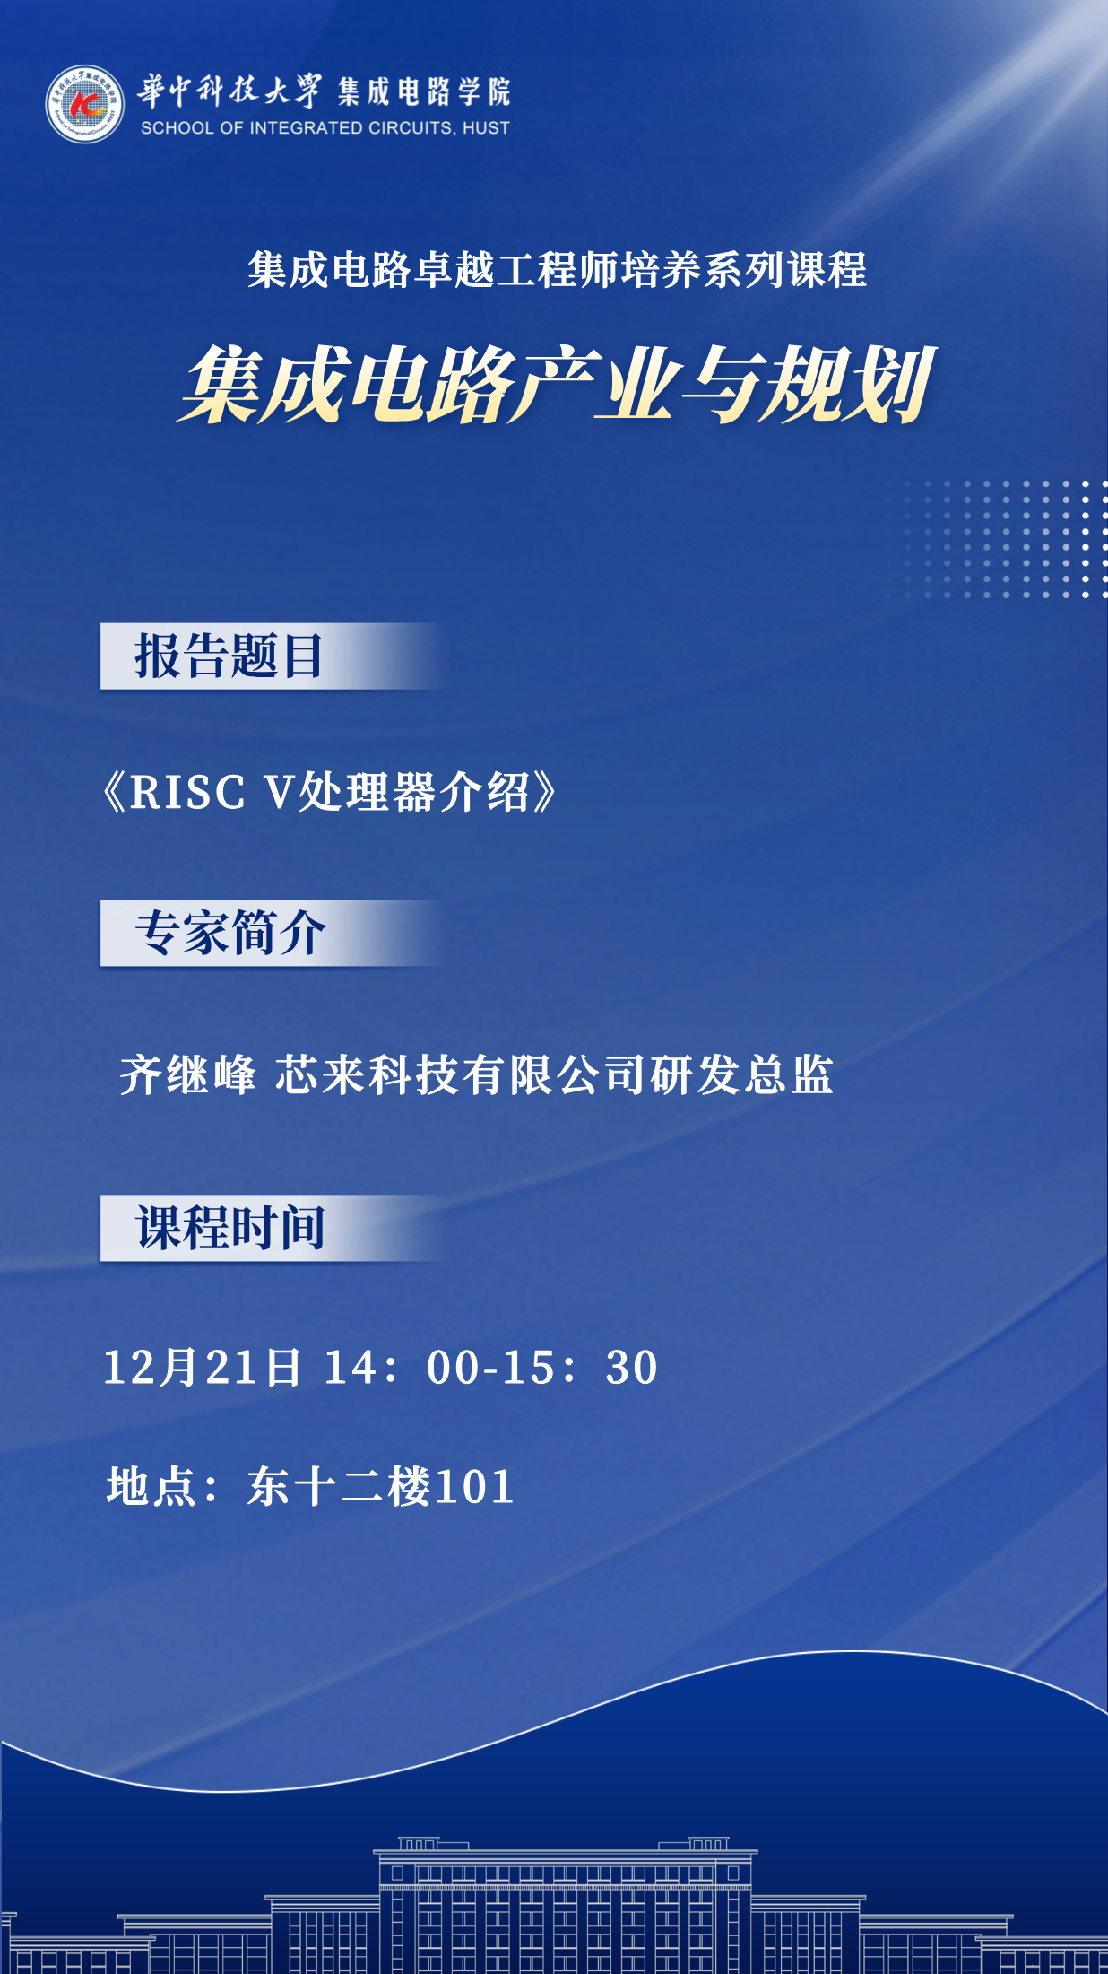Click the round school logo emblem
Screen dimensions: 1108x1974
click(x=85, y=104)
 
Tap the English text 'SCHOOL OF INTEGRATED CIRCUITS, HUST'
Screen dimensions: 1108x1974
click(x=325, y=128)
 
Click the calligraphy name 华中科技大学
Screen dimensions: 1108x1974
click(x=229, y=91)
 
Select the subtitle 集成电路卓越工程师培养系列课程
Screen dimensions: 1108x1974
click(x=558, y=271)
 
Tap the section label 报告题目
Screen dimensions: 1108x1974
click(x=229, y=656)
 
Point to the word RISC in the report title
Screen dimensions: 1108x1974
click(x=187, y=793)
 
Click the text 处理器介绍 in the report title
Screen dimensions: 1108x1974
click(x=414, y=793)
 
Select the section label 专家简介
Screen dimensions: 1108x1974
click(x=230, y=933)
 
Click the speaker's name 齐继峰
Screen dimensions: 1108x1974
click(x=188, y=1074)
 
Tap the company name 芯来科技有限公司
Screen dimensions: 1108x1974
click(x=461, y=1074)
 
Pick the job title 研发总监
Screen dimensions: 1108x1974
click(x=742, y=1074)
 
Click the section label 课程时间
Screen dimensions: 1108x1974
click(x=230, y=1228)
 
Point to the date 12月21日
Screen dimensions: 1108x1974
click(x=203, y=1368)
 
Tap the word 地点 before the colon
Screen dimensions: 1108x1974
click(x=151, y=1486)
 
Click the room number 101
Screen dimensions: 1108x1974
click(x=475, y=1487)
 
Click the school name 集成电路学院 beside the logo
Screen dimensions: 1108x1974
click(x=424, y=91)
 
